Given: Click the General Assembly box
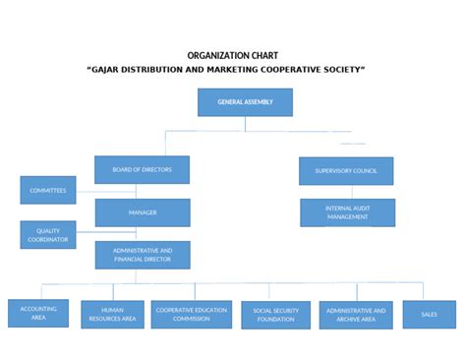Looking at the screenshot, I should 245,102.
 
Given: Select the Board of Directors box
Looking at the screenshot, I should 142,169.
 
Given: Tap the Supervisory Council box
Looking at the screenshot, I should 345,170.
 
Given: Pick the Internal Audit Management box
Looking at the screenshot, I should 347,212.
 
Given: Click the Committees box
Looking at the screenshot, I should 47,190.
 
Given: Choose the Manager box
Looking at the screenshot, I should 143,212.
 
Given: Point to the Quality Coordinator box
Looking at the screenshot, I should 47,234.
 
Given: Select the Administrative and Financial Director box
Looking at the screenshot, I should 143,255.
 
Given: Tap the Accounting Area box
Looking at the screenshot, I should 38,313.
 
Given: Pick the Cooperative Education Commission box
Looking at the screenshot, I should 192,314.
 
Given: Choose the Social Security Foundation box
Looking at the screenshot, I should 275,315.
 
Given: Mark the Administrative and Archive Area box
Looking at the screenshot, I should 355,315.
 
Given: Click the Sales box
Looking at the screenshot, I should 429,314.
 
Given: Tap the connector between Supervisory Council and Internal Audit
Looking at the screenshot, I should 346,192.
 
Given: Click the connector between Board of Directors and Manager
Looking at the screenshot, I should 143,191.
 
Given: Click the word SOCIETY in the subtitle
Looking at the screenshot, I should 345,71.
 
